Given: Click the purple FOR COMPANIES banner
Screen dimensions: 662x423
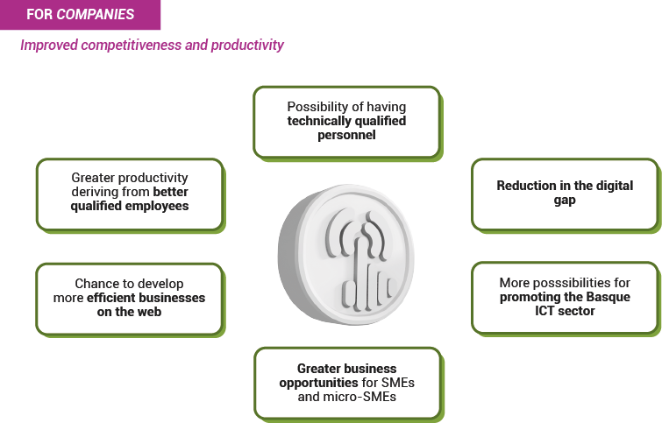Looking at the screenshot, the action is click(x=80, y=15).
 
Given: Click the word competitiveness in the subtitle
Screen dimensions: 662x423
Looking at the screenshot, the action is click(x=132, y=45).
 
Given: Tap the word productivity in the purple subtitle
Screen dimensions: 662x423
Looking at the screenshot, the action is click(x=247, y=46).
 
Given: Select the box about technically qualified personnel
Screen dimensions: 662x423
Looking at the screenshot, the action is click(x=347, y=123).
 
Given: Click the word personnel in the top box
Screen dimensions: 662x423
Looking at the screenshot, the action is click(x=346, y=135).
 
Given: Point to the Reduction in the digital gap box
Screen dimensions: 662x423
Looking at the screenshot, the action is click(x=566, y=195).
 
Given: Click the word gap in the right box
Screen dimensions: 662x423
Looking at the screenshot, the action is click(x=565, y=201).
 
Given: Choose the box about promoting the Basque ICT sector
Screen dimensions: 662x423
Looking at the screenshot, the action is click(x=566, y=299).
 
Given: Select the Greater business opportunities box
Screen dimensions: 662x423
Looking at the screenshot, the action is click(x=348, y=384).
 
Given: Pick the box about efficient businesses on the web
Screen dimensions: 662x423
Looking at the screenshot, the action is click(x=130, y=300).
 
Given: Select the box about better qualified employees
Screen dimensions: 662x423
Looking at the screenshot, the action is click(x=130, y=195).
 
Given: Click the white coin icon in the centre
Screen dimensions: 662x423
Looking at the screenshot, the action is click(x=346, y=255).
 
